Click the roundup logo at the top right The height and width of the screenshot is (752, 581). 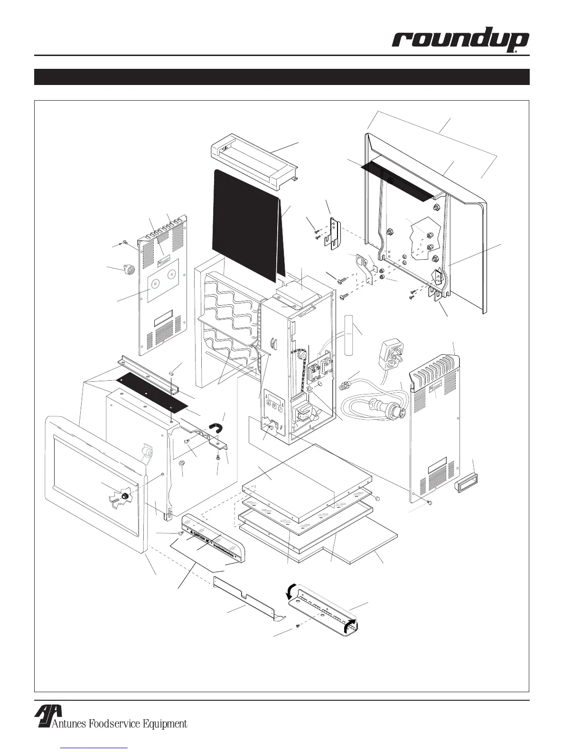pyautogui.click(x=460, y=41)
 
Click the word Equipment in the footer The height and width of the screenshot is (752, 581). pyautogui.click(x=163, y=724)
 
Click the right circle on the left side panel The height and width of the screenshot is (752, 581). pyautogui.click(x=172, y=274)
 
